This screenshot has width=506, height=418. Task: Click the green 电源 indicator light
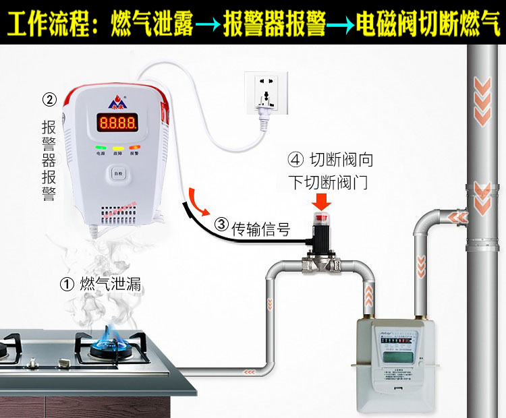pyautogui.click(x=100, y=147)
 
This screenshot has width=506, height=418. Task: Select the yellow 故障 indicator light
pyautogui.click(x=117, y=147)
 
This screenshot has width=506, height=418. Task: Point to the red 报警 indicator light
pyautogui.click(x=134, y=147)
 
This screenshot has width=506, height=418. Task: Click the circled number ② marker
pyautogui.click(x=49, y=100)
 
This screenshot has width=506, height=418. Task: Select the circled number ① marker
pyautogui.click(x=66, y=285)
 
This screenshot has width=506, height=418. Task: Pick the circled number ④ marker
pyautogui.click(x=295, y=160)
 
